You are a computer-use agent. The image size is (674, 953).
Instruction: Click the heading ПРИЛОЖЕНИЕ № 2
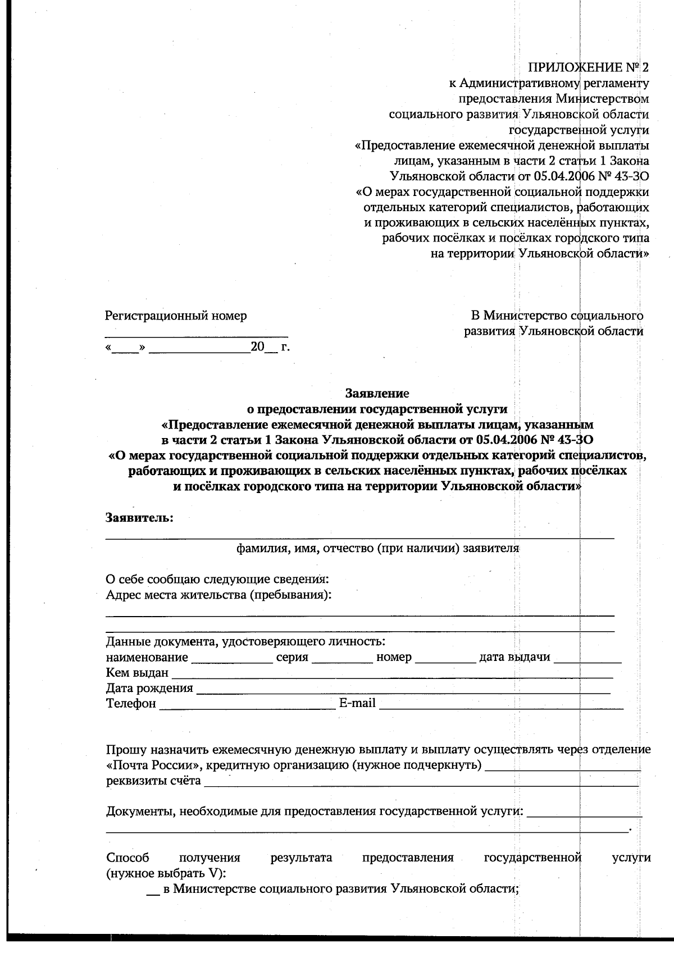tap(588, 68)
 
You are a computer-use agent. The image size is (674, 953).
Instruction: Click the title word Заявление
tap(377, 393)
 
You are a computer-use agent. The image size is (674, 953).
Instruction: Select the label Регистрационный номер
tap(176, 316)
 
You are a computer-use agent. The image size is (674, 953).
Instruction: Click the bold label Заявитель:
tap(140, 518)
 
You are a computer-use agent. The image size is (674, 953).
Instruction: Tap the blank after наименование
tap(232, 659)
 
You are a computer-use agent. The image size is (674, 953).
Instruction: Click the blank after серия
tap(341, 659)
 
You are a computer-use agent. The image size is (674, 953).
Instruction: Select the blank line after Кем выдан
tap(391, 674)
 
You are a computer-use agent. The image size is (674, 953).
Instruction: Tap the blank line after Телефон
tap(247, 705)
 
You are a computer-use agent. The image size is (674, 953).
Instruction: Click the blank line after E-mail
tap(501, 705)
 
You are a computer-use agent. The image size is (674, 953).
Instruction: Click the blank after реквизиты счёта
tap(421, 782)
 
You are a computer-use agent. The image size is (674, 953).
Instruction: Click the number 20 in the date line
tap(257, 347)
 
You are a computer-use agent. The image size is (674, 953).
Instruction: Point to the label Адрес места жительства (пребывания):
tap(218, 595)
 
